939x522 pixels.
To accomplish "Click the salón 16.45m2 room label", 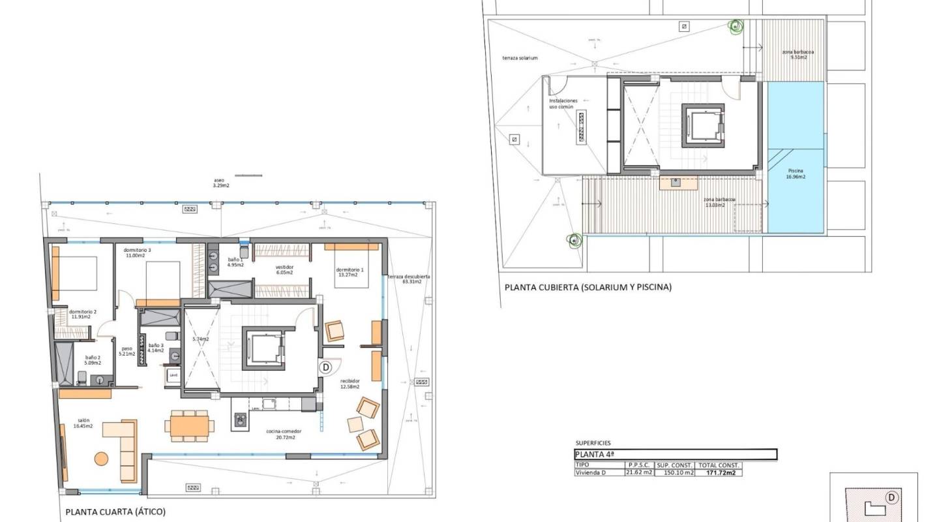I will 83,423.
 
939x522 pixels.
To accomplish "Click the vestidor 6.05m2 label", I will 284,270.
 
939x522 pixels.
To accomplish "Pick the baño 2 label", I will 93,360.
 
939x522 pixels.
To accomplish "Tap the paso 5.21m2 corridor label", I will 127,351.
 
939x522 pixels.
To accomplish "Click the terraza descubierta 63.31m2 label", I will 408,279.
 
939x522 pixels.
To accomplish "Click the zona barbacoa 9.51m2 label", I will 798,55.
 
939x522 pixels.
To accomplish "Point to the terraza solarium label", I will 520,58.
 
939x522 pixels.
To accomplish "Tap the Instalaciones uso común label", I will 563,104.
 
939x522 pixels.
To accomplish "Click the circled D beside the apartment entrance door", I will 325,367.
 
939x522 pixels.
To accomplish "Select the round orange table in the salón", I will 101,459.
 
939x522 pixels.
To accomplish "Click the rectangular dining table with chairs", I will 189,425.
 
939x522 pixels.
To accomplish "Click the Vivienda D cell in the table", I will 590,473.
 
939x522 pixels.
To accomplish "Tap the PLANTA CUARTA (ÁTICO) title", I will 115,512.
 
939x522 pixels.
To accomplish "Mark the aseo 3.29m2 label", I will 221,183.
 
